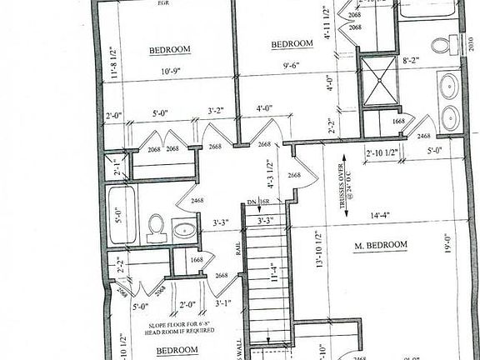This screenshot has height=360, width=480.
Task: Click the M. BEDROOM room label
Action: (x=380, y=244)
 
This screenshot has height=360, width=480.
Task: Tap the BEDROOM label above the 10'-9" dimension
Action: (x=170, y=49)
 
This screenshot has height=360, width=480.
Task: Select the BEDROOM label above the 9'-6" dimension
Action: (x=291, y=43)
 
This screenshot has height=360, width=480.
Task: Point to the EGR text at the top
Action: (x=165, y=2)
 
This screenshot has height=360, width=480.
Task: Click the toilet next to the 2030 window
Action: (x=453, y=43)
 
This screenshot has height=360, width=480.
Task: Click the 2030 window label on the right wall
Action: (x=473, y=41)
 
